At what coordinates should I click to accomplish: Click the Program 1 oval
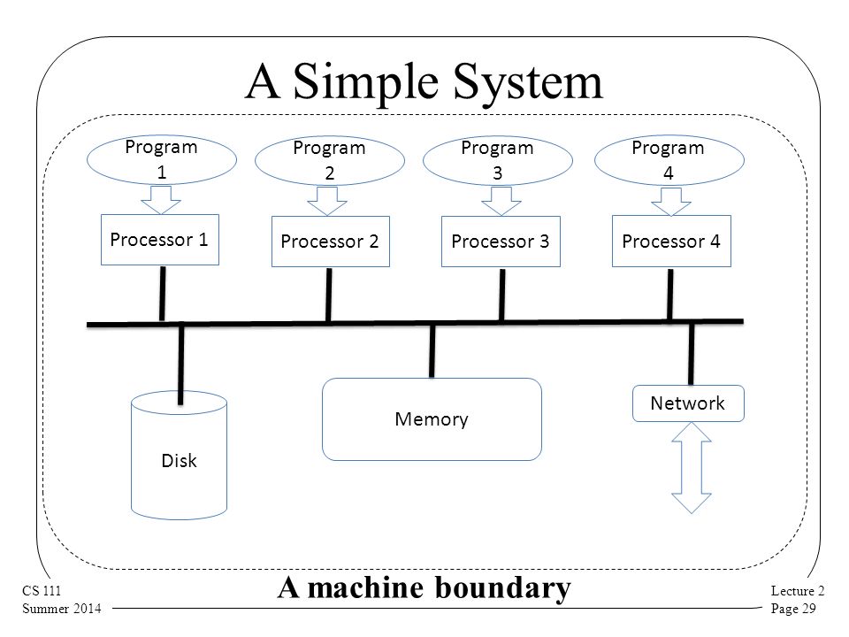(161, 160)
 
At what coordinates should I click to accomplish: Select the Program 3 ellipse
(498, 160)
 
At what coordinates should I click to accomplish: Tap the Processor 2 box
(330, 242)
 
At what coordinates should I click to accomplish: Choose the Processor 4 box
(671, 241)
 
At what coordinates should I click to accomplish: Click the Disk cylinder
(179, 455)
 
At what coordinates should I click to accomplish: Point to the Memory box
(432, 419)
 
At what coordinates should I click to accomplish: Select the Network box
(688, 403)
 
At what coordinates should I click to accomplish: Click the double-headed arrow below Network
(692, 468)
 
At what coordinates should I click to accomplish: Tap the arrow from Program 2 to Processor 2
(327, 201)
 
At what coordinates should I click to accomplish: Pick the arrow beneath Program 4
(671, 202)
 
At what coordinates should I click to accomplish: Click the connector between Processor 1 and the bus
(162, 293)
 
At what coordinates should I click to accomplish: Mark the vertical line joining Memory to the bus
(432, 351)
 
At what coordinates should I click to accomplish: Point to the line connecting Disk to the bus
(180, 365)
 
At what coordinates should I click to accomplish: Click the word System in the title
(527, 81)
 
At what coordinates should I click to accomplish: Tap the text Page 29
(793, 609)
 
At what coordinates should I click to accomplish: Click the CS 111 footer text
(42, 590)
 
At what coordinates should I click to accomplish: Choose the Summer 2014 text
(62, 609)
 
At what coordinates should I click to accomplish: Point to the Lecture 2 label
(798, 590)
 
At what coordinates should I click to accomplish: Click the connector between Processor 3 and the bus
(502, 295)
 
